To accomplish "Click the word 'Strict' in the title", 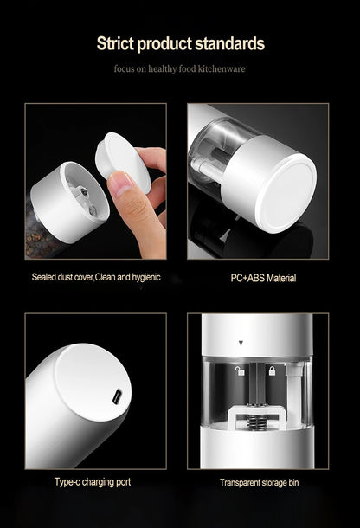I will pyautogui.click(x=116, y=43).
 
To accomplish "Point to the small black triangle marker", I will pyautogui.click(x=240, y=344).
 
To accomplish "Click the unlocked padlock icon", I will pyautogui.click(x=239, y=371).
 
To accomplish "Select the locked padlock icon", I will pyautogui.click(x=271, y=371).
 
